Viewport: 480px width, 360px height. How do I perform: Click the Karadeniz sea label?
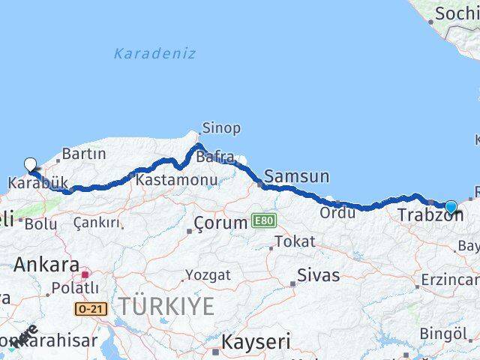click(x=154, y=53)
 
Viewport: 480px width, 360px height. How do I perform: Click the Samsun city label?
click(x=297, y=177)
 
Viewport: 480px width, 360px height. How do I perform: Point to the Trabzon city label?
click(x=430, y=215)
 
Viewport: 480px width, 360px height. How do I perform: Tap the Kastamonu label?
click(x=177, y=180)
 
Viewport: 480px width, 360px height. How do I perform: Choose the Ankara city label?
click(x=46, y=265)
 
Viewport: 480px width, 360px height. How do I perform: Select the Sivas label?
click(x=318, y=274)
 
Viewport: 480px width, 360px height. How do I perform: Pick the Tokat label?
click(x=295, y=241)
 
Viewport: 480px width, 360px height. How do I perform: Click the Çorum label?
click(x=220, y=223)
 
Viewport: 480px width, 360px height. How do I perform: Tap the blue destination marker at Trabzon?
click(x=451, y=207)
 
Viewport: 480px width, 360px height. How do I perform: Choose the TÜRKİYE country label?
click(x=165, y=306)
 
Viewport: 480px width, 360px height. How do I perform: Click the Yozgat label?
click(x=208, y=274)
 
